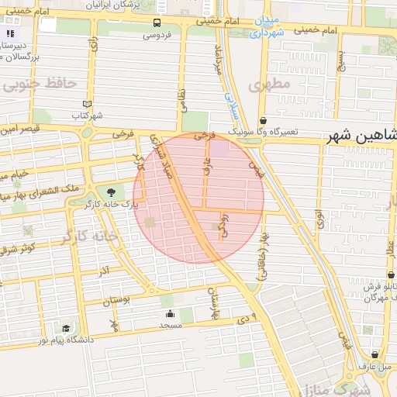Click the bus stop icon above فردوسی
(157, 23)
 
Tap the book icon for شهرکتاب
(86, 104)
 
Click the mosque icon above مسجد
(170, 314)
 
